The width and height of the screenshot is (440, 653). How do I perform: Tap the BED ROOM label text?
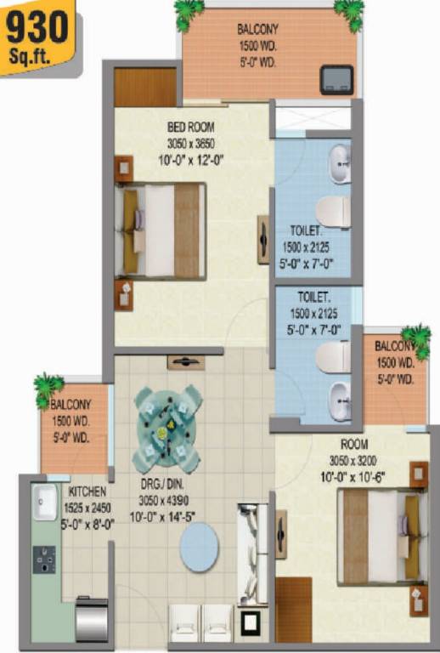coord(190,128)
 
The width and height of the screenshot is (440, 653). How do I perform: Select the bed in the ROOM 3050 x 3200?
coord(377,537)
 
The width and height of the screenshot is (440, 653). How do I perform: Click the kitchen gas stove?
coord(44,559)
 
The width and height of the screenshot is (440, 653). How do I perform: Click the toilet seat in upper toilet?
coord(333,210)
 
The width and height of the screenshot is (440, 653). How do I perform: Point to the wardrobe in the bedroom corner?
coord(145,87)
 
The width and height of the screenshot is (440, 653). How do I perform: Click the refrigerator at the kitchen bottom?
coord(91,619)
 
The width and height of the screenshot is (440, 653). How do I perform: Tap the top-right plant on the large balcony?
coord(349,11)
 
